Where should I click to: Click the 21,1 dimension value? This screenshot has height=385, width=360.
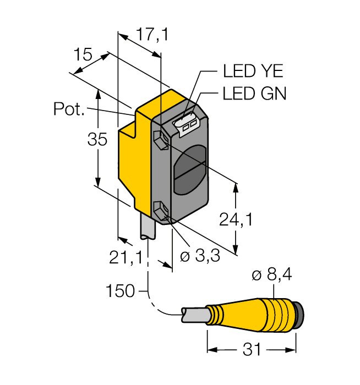coord(126,257)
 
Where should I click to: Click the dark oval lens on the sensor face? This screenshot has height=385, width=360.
coord(188,171)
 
